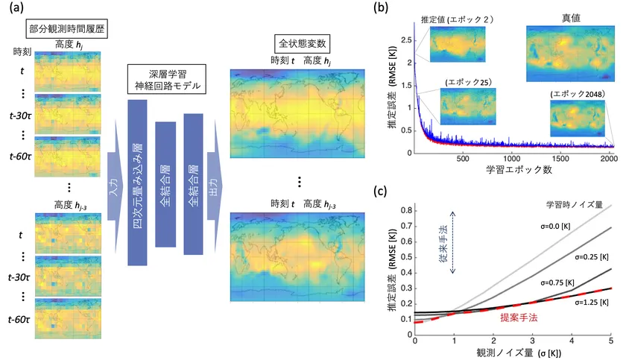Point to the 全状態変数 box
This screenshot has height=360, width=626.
coord(303,42)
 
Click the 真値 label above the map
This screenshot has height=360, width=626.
coord(568,18)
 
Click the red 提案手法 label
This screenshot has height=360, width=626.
coord(514,318)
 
